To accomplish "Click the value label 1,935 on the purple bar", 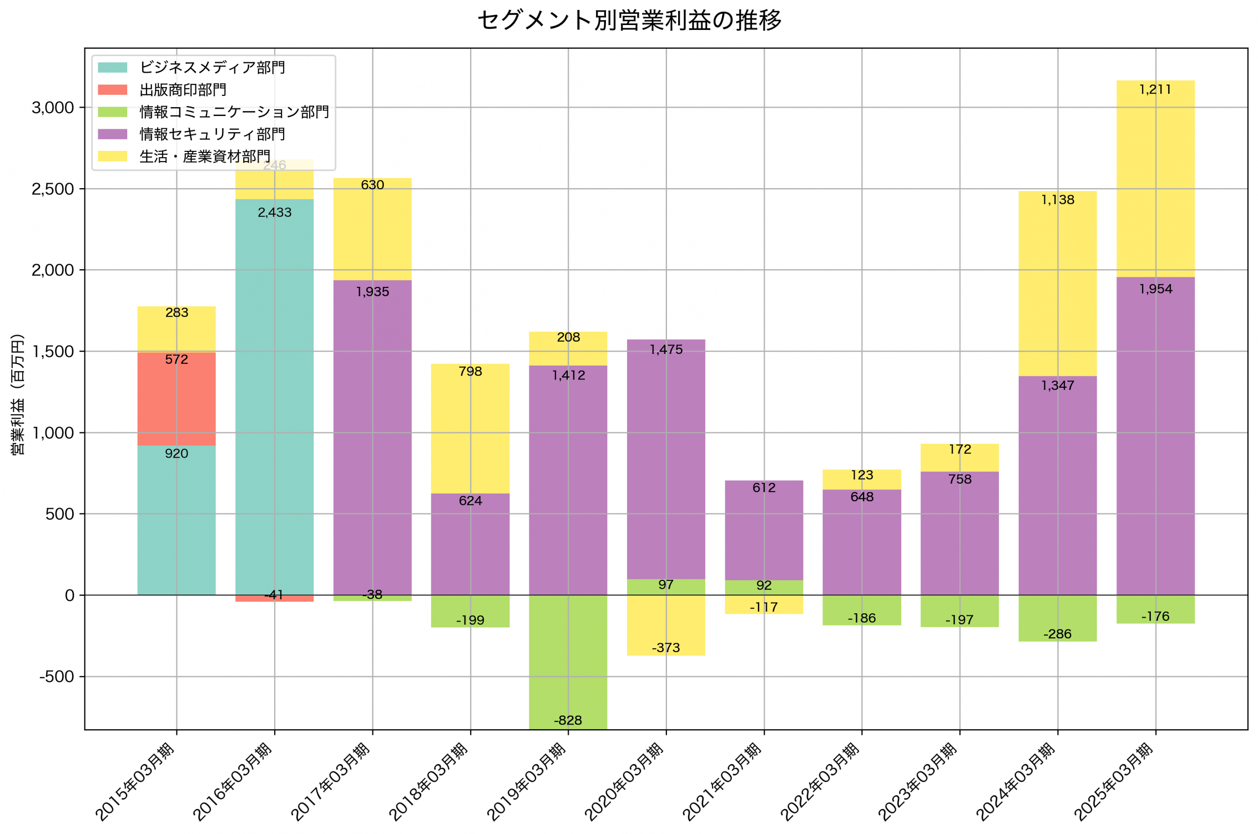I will [x=372, y=291].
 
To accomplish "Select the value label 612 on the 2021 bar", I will [x=764, y=488].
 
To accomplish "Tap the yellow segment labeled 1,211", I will [x=1155, y=178].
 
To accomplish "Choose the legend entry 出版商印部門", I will [x=182, y=90].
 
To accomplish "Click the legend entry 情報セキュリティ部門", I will [x=212, y=134].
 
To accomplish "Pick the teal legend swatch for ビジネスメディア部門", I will [x=112, y=67].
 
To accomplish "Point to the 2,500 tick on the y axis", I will [x=53, y=189].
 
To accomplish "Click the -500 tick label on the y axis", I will [x=57, y=677].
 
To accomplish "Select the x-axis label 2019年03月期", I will [x=526, y=782].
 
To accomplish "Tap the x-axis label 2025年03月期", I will [x=1114, y=782].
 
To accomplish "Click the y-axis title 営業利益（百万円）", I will [x=18, y=394].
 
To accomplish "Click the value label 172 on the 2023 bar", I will [x=960, y=450].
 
